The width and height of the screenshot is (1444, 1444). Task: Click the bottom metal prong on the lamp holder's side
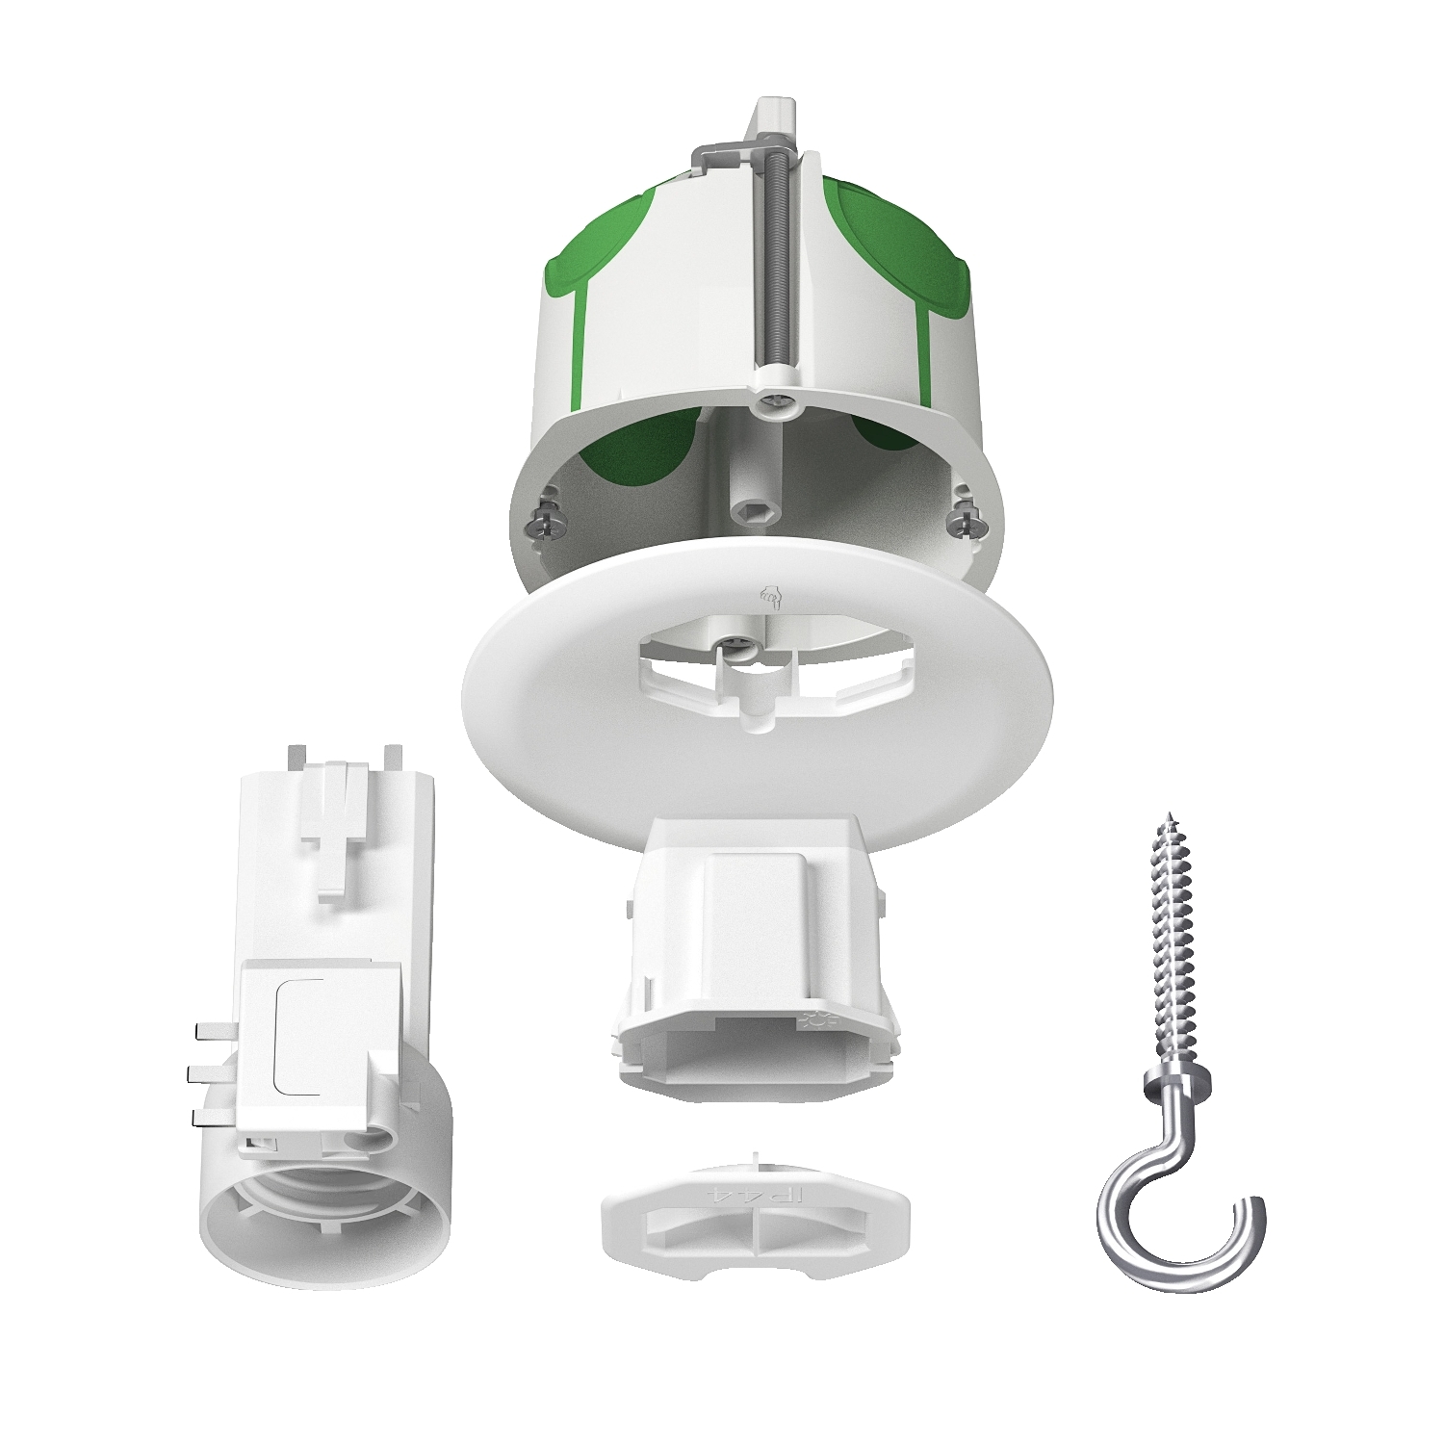point(214,1116)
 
